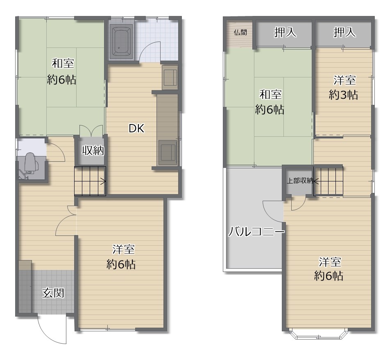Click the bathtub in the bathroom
[x=122, y=41]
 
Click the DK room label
[x=136, y=129]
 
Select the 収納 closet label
[x=93, y=150]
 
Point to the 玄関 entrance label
[x=53, y=293]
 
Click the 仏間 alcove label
[x=240, y=32]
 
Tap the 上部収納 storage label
[x=300, y=181]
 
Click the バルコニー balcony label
[x=256, y=232]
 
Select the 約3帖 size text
[x=344, y=95]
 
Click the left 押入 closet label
[x=285, y=32]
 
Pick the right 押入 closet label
[x=344, y=32]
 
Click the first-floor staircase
[x=90, y=181]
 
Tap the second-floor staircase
[x=328, y=180]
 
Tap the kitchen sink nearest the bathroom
[x=170, y=77]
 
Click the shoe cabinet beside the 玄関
[x=25, y=287]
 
